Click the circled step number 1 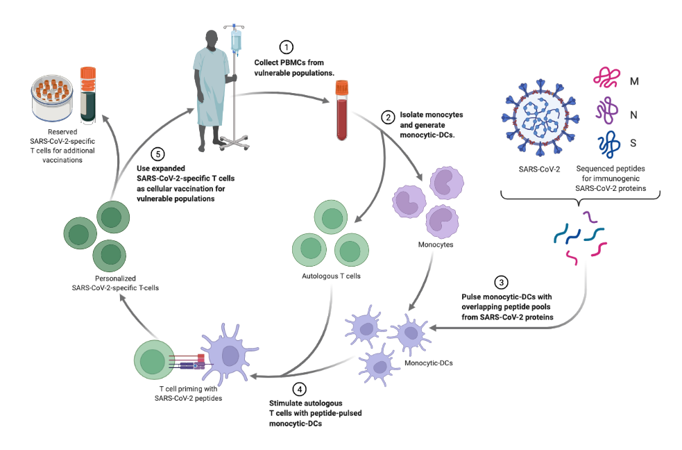(285, 47)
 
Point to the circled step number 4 (298, 390)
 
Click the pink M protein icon (606, 78)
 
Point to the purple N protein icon (606, 110)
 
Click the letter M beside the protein (634, 81)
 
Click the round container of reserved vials (53, 97)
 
